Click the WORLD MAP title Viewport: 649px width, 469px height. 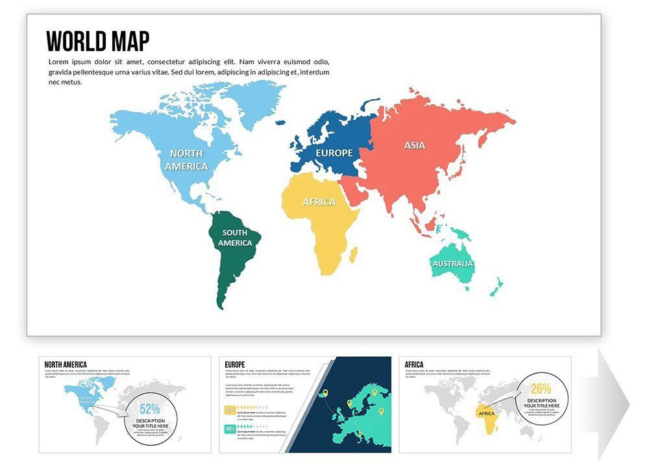point(98,42)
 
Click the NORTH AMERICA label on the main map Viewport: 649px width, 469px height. point(186,160)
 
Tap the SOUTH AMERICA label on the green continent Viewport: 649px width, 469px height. point(235,238)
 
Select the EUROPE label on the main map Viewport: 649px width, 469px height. point(334,153)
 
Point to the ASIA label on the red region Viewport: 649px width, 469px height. point(415,145)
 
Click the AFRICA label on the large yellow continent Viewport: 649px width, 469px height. point(319,202)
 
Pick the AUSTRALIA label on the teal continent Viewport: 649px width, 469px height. point(453,264)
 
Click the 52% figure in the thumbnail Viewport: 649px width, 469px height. point(149,409)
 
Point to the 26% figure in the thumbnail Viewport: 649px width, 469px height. point(541,389)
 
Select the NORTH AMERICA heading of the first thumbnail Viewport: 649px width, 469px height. point(66,365)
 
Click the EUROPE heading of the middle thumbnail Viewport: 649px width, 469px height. point(235,365)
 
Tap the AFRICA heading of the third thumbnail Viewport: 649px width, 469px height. point(414,365)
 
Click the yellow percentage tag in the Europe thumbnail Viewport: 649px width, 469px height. point(230,410)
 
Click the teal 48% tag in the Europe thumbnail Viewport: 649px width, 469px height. point(230,429)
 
